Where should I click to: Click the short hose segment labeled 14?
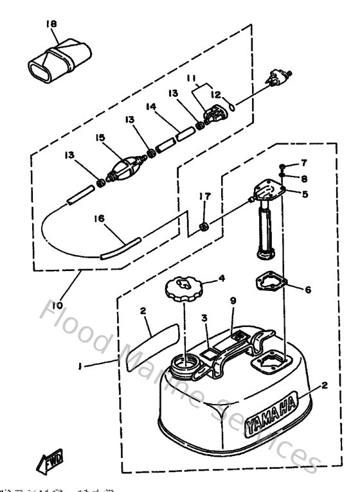[x=176, y=137]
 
